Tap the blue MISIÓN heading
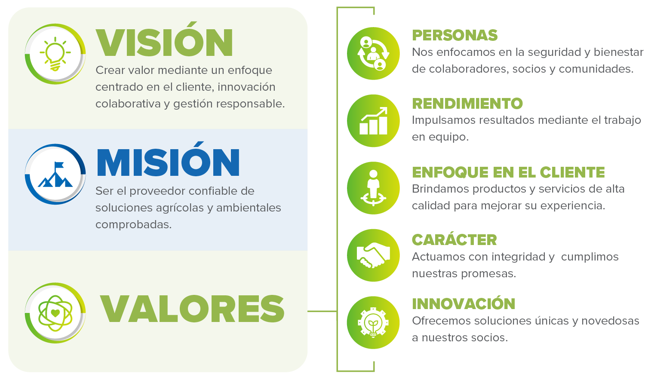[168, 159]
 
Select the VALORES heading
[192, 309]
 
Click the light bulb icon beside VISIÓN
[55, 54]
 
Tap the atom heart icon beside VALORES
[55, 313]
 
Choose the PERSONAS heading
[455, 35]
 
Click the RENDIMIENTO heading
[467, 104]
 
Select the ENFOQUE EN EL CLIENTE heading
[509, 172]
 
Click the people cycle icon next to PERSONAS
[373, 53]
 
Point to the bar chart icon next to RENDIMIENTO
[373, 121]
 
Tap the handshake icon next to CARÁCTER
[373, 255]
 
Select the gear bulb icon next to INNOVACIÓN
[373, 323]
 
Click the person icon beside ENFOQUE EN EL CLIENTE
[373, 188]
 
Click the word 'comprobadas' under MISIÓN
[133, 225]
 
